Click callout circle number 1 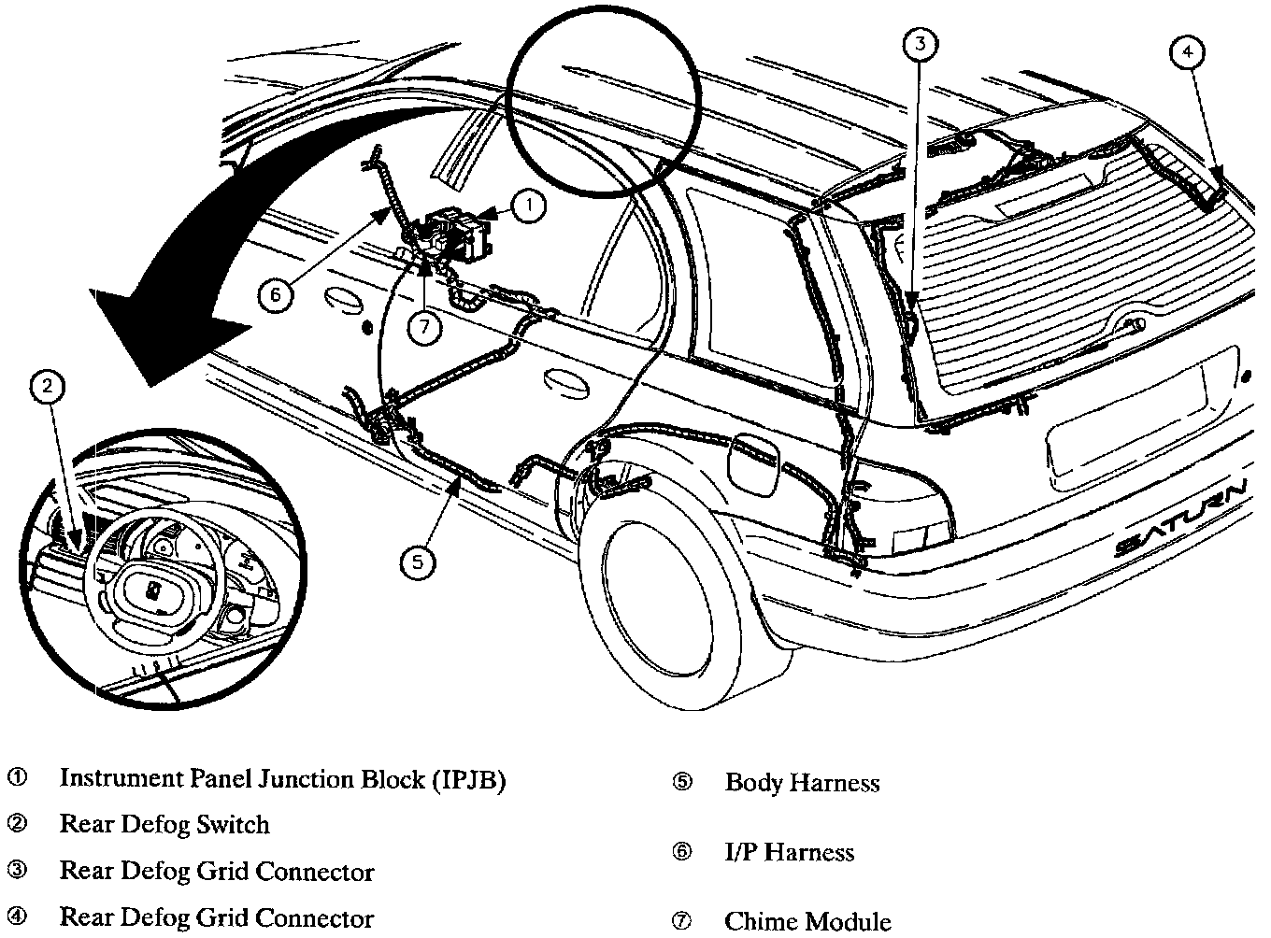(528, 206)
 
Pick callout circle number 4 (1187, 52)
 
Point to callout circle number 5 (417, 561)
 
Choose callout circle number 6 (275, 295)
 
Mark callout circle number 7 (425, 326)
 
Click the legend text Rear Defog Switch (164, 825)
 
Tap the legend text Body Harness (802, 783)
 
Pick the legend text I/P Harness (789, 852)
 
